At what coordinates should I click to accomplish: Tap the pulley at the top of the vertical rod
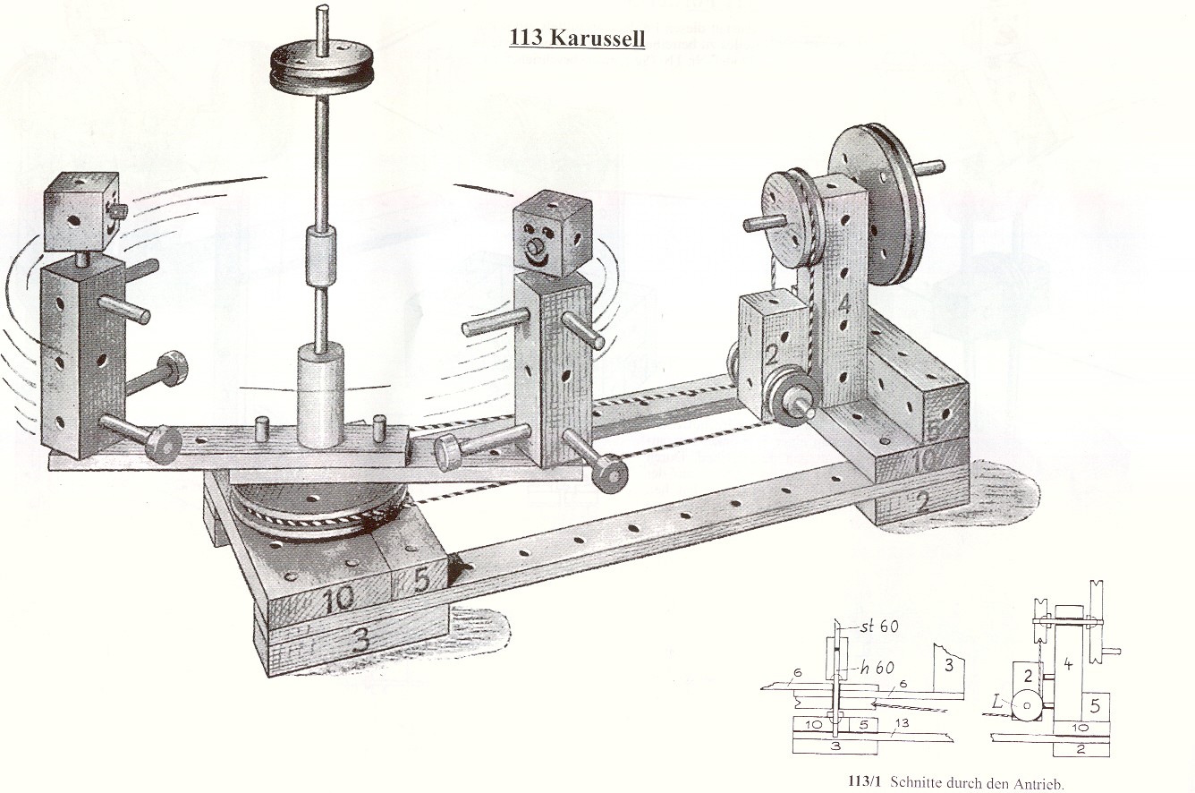click(322, 65)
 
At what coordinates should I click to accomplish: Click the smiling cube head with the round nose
click(553, 240)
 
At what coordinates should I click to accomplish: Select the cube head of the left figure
click(82, 212)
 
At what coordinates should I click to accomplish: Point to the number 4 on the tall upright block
click(843, 304)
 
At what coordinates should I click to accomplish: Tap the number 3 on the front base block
click(360, 638)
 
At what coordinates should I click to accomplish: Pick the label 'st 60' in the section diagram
click(880, 626)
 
